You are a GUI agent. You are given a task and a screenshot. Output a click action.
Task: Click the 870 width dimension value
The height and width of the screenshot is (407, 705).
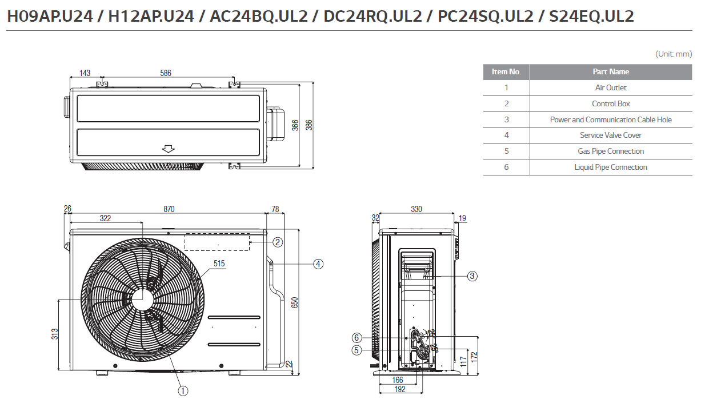pos(169,209)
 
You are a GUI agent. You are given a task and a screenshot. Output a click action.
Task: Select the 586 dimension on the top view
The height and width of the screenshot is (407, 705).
pos(166,73)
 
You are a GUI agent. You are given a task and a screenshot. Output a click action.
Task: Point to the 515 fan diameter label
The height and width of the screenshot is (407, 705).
pos(219,264)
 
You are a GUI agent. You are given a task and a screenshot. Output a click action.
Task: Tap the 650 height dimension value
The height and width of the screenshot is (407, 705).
pos(295,302)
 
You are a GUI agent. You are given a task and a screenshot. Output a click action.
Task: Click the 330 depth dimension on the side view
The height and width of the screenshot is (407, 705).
pos(416,209)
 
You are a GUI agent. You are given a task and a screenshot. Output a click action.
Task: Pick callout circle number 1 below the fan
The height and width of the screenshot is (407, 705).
pos(183,391)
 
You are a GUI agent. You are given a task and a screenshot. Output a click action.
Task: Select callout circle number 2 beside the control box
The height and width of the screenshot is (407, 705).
pos(278,242)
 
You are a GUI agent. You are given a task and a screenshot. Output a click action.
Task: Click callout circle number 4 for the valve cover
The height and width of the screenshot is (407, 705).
pos(318,264)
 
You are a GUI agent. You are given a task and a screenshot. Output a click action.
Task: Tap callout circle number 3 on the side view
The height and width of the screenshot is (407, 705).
pos(472,276)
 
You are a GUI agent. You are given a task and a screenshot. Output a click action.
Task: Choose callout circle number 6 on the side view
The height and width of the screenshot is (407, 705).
pos(356,337)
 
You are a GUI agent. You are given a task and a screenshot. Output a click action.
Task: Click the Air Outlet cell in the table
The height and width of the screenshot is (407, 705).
pos(611,87)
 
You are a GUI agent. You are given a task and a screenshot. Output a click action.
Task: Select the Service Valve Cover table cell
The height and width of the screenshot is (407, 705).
pos(611,135)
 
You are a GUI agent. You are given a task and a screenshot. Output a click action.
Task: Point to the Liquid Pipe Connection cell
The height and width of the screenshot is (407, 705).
pos(611,167)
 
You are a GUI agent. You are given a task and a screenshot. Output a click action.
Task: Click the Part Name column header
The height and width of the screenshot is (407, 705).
pos(611,72)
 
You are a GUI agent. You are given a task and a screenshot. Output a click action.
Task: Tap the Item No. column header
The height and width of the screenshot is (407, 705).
pos(506,72)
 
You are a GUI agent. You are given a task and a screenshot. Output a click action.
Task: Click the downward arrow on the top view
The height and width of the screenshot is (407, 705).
pos(168,149)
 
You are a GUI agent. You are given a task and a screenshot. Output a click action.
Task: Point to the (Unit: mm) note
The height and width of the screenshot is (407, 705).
pos(674,54)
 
